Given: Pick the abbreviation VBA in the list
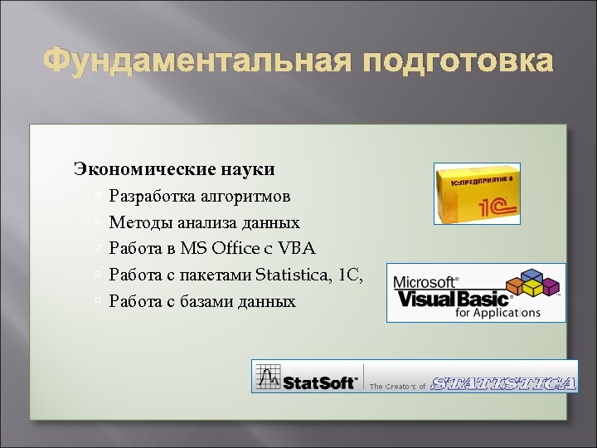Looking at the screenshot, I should tap(298, 248).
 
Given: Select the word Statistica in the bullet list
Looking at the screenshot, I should tap(295, 275).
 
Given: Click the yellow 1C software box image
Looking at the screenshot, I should tap(478, 193).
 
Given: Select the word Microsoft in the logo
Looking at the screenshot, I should tap(425, 280).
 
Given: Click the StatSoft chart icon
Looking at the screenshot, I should tap(268, 377).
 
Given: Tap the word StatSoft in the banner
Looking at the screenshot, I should tap(320, 382).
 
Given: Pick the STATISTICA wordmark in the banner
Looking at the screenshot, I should tap(504, 382).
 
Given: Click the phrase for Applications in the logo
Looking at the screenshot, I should tap(498, 314).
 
